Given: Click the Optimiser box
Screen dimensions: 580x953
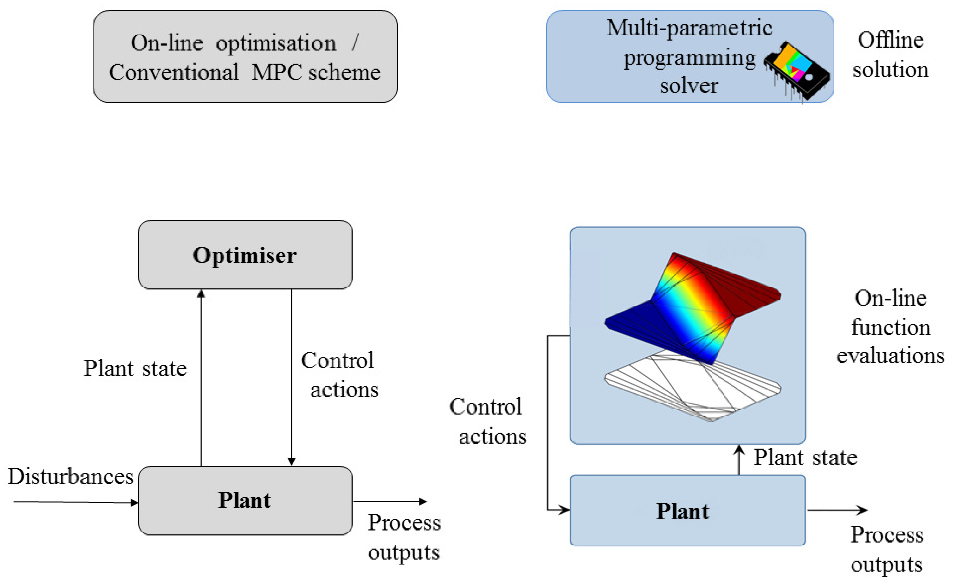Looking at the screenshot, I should click(x=245, y=255).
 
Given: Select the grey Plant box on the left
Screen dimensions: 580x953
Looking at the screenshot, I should click(x=245, y=500).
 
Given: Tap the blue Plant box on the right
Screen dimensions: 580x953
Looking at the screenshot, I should click(x=688, y=510).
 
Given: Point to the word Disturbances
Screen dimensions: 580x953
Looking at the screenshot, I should click(x=71, y=476).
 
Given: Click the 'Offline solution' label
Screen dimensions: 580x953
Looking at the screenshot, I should click(x=890, y=55).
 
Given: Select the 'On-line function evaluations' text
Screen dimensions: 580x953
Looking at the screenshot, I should click(x=890, y=327).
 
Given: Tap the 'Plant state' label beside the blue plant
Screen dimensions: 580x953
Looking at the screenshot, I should click(x=805, y=457).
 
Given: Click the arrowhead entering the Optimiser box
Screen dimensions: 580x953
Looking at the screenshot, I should click(x=201, y=294).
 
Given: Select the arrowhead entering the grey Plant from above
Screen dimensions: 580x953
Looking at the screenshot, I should click(x=292, y=461).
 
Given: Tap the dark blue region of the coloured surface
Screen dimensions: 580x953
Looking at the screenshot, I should click(x=634, y=321).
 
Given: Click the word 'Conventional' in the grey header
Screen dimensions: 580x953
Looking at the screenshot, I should click(x=173, y=72).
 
